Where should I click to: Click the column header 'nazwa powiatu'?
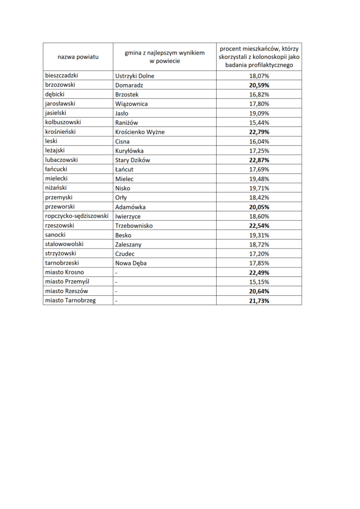click(78, 57)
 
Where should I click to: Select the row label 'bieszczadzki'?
click(62, 76)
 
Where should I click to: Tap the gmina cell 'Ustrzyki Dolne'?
click(134, 76)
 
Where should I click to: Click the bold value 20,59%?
click(259, 85)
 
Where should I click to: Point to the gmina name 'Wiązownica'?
click(131, 104)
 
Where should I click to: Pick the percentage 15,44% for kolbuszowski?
click(259, 122)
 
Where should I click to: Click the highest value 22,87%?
click(259, 160)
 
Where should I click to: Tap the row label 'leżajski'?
click(56, 151)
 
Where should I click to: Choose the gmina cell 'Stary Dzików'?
click(132, 160)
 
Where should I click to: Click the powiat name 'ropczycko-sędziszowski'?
click(77, 216)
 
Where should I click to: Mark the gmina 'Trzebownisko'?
click(134, 226)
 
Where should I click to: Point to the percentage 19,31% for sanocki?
click(259, 235)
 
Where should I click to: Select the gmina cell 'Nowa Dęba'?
click(131, 263)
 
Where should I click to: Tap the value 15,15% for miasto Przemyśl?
click(259, 282)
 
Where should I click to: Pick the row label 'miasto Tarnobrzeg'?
click(70, 301)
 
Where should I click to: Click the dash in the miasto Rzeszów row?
click(116, 291)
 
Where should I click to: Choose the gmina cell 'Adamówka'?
click(130, 207)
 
